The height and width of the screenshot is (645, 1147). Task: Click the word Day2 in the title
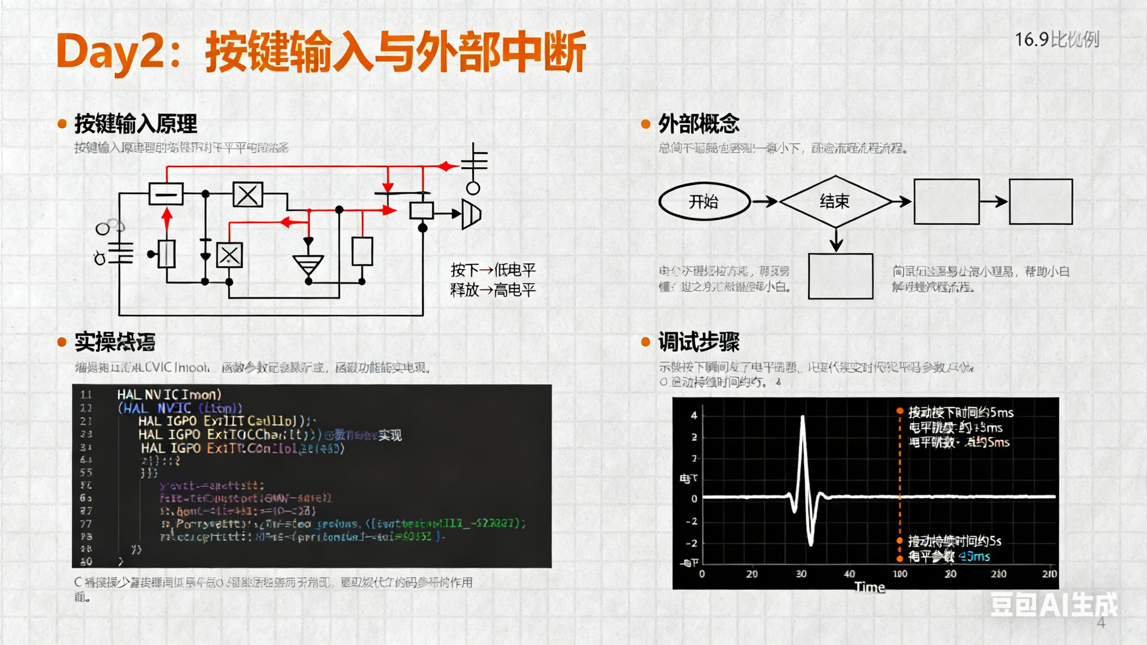point(110,53)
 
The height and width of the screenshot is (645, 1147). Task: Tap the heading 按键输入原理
point(135,124)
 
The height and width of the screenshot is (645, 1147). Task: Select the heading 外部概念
point(699,124)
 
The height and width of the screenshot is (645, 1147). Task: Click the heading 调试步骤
point(699,342)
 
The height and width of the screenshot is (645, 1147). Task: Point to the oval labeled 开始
point(704,202)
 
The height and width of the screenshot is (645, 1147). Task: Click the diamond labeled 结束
point(835,202)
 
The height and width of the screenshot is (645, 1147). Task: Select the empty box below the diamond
point(840,276)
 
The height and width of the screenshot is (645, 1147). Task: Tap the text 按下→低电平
point(493,270)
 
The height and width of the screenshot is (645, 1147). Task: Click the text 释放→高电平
point(493,290)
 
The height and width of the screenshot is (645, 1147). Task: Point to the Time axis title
point(869,587)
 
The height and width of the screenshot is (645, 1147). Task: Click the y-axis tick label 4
point(694,416)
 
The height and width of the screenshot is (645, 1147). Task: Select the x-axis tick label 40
point(849,574)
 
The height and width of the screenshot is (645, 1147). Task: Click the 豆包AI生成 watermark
point(1053,605)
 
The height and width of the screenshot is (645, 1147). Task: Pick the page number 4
point(1101,623)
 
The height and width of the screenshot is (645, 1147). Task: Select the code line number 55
point(86,473)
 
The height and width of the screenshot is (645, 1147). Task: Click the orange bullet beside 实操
point(62,342)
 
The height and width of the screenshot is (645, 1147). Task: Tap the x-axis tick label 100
point(900,574)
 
